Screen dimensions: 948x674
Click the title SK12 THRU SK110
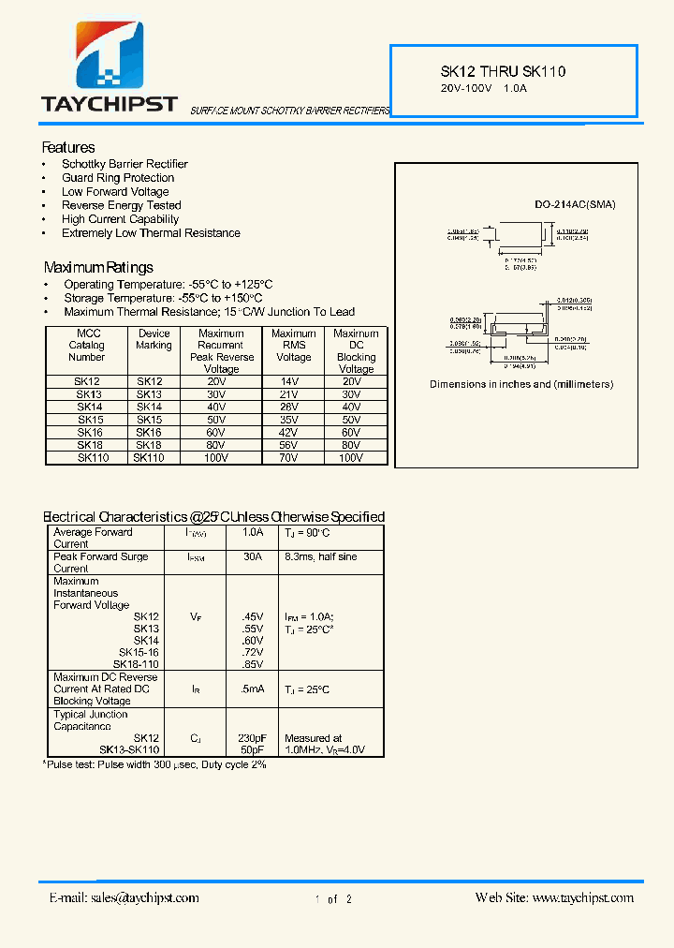503,71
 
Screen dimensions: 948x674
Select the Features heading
68,148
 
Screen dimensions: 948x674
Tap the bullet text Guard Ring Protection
118,178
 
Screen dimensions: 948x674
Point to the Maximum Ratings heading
98,267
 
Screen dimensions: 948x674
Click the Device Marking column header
154,339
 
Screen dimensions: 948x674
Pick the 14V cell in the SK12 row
293,382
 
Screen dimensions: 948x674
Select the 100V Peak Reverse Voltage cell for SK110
217,458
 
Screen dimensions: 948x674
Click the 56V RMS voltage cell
293,445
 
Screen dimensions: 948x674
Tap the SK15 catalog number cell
88,420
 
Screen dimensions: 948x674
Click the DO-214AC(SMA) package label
576,205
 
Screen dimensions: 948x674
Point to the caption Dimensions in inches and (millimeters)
521,384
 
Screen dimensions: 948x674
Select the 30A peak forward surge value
253,556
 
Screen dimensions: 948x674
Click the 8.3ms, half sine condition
320,556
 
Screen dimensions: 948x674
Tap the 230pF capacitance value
252,738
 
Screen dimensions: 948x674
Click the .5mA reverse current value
252,689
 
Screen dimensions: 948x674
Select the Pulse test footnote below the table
155,764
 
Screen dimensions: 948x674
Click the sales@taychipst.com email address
145,897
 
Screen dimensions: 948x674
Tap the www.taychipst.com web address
582,897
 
